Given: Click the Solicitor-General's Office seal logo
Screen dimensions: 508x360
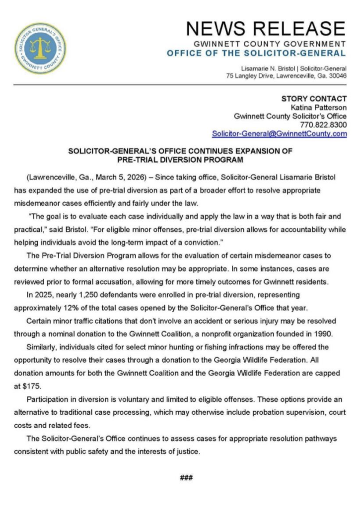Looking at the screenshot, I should (40, 49).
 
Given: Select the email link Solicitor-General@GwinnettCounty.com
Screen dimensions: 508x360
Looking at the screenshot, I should (279, 133).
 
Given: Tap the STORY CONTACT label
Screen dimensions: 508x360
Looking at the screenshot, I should (314, 98).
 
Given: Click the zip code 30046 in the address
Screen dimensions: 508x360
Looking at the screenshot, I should (336, 76).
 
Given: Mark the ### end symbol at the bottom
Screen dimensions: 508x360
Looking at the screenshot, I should (186, 478).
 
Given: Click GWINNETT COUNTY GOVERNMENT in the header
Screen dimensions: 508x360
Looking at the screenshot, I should (270, 44).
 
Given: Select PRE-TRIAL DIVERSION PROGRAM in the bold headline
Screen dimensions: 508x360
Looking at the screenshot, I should (180, 160).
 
